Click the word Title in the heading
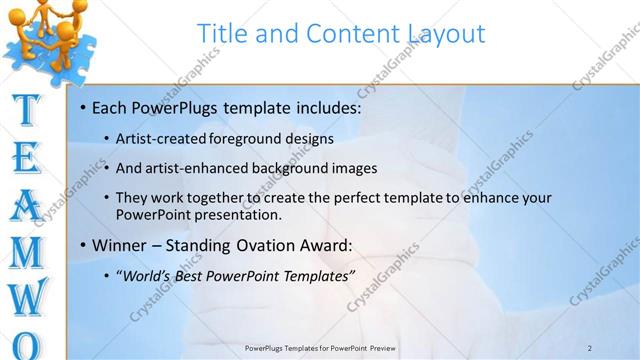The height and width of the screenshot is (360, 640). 221,33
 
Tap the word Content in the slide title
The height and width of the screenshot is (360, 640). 347,33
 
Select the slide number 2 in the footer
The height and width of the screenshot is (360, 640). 590,347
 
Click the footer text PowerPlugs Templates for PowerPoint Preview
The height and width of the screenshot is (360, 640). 320,347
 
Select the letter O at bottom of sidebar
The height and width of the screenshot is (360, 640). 30,345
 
